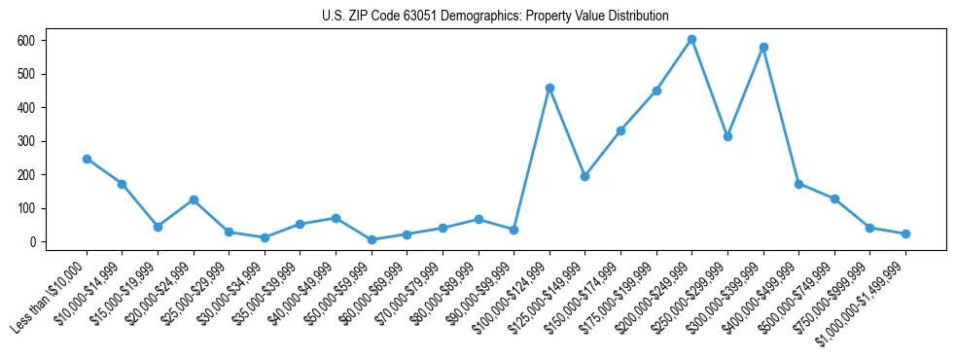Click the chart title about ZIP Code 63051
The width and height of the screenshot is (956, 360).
495,16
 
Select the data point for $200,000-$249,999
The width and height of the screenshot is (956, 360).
691,40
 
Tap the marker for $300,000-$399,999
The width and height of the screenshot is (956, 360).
763,47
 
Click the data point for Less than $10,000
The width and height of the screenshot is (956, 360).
87,159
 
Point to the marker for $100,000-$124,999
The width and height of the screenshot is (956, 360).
549,88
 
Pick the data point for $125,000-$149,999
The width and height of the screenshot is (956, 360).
584,176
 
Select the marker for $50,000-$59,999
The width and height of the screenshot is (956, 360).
372,239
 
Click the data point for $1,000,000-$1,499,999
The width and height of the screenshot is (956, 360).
905,234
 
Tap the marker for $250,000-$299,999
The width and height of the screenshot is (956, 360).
727,136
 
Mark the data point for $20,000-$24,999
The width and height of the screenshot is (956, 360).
194,199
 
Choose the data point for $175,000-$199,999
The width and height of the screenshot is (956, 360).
656,90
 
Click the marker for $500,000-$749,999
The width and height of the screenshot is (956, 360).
834,198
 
